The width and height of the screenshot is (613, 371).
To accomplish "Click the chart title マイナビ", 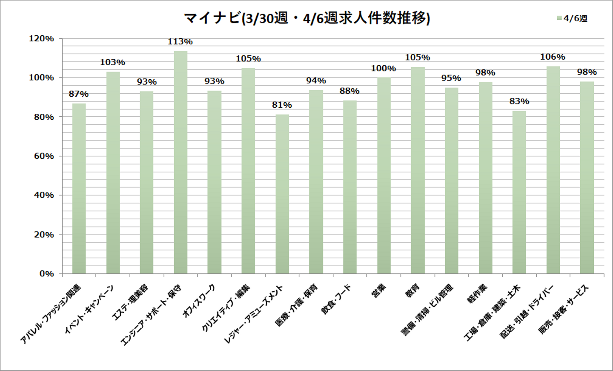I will coord(306,18).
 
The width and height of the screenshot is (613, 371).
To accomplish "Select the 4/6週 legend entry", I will coord(572,18).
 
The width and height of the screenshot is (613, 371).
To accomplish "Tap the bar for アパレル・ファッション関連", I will coord(79,188).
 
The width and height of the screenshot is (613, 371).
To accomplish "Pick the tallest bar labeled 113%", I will coord(180,162).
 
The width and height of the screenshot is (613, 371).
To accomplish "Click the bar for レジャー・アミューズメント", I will coord(282,194).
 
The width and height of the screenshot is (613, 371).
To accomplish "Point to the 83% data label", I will coord(519,101).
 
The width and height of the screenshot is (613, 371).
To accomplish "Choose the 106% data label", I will coord(553,57).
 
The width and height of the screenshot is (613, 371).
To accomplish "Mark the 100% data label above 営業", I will coord(383,68).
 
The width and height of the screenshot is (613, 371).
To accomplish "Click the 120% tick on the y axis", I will coord(41,39).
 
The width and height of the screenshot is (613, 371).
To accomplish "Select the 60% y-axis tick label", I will coord(43,156).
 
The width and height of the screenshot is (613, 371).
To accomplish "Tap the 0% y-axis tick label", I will coord(46,274).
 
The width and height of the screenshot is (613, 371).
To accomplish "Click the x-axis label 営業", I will coord(378,291).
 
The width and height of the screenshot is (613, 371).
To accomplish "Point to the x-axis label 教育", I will coord(412,291).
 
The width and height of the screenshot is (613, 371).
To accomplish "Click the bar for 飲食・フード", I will coord(350,187).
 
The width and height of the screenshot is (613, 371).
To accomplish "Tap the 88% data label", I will coord(349,91).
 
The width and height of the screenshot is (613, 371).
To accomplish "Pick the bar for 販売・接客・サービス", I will coord(587,178).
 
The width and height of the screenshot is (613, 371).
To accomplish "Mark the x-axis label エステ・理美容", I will coord(130,302).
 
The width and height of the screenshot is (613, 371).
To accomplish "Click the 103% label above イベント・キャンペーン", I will coord(112,62).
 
